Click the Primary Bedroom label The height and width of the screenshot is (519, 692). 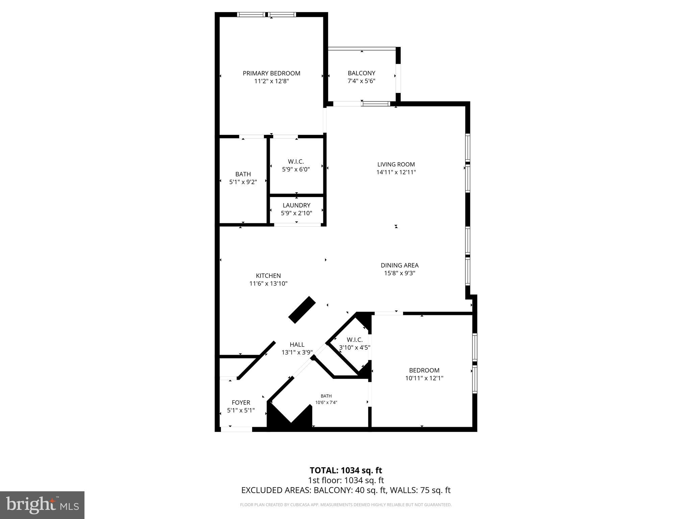pyautogui.click(x=271, y=73)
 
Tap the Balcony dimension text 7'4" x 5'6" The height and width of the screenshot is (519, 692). pyautogui.click(x=362, y=81)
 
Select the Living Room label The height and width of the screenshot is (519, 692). pyautogui.click(x=396, y=165)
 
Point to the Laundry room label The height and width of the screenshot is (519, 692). pyautogui.click(x=296, y=205)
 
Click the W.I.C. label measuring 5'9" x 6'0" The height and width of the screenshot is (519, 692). pyautogui.click(x=296, y=162)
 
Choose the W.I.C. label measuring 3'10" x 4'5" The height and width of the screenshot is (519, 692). pyautogui.click(x=354, y=340)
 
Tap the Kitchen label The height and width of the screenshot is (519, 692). pyautogui.click(x=268, y=276)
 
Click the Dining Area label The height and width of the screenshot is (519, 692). pyautogui.click(x=399, y=266)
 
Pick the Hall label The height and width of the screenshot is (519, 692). pyautogui.click(x=297, y=345)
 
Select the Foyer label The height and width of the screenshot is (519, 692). pyautogui.click(x=241, y=403)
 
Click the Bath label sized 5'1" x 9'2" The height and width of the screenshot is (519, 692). pyautogui.click(x=243, y=174)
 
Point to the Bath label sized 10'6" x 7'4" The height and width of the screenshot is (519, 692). pyautogui.click(x=326, y=396)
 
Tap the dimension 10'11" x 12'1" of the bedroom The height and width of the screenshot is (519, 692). pyautogui.click(x=424, y=378)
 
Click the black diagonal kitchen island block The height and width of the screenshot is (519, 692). pyautogui.click(x=302, y=310)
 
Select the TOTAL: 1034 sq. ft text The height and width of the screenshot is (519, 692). pyautogui.click(x=346, y=470)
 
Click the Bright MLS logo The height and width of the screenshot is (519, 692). pyautogui.click(x=42, y=505)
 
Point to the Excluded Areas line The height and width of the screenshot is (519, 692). pyautogui.click(x=346, y=490)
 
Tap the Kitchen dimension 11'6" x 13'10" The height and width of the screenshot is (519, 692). pyautogui.click(x=268, y=284)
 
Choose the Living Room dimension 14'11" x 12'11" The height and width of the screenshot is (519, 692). pyautogui.click(x=396, y=172)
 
